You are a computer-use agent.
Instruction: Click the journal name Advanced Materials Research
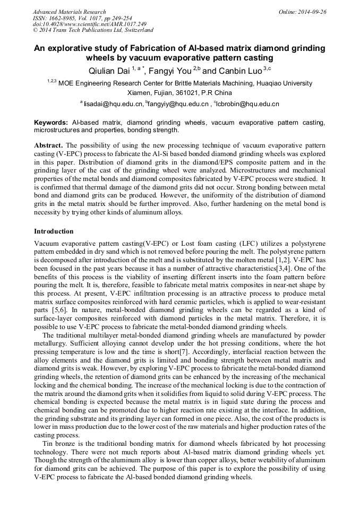coord(69,12)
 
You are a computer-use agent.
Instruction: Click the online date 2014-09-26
coord(314,12)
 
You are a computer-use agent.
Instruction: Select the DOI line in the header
coord(90,24)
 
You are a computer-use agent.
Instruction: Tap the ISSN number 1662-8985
coord(67,18)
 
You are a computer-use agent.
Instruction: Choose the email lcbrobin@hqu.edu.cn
coord(248,105)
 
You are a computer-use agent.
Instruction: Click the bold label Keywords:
coord(51,123)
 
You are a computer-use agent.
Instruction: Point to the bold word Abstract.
coord(48,145)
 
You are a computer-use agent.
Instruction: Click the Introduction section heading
coord(54,231)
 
